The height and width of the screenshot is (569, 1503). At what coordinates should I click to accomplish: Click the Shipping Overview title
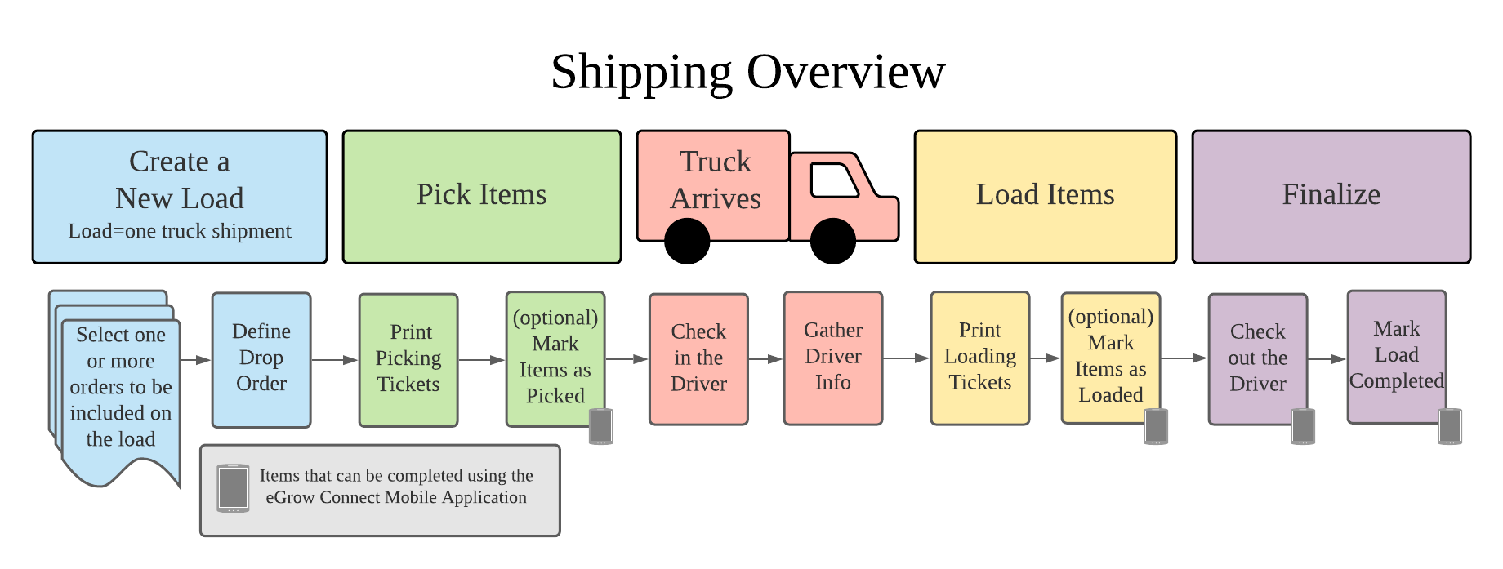(x=747, y=73)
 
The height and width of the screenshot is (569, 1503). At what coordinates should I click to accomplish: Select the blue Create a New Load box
(x=180, y=197)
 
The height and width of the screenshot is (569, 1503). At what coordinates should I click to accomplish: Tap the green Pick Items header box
(x=482, y=197)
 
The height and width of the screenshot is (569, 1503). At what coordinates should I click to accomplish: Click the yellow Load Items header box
(x=1046, y=197)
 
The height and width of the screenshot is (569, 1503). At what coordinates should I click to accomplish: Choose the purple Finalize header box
(x=1331, y=197)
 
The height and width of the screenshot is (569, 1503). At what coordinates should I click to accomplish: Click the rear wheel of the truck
(x=687, y=242)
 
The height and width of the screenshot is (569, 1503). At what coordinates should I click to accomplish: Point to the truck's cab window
(x=833, y=180)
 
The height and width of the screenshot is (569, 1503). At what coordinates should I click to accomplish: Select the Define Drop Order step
(x=261, y=360)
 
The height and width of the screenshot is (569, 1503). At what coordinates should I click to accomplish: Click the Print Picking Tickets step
(x=408, y=360)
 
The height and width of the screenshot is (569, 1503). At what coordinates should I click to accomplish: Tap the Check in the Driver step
(x=698, y=359)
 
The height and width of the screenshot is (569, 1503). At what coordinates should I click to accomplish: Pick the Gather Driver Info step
(x=833, y=358)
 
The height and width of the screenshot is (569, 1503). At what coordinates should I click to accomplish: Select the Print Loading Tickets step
(x=980, y=358)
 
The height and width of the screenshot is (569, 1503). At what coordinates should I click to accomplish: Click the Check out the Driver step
(x=1258, y=359)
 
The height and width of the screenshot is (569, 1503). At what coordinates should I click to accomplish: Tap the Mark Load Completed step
(x=1397, y=357)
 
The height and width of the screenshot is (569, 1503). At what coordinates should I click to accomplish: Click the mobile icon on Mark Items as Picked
(x=601, y=426)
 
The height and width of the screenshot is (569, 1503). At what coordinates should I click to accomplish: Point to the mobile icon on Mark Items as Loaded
(x=1156, y=426)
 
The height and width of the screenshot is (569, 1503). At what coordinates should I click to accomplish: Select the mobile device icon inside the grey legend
(x=233, y=488)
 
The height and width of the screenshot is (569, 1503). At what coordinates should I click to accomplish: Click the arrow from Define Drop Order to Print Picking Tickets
(x=335, y=360)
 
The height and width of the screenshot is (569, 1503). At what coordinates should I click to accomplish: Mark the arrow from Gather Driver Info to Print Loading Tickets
(x=907, y=358)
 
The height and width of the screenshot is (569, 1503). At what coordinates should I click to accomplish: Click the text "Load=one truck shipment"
(x=180, y=231)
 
